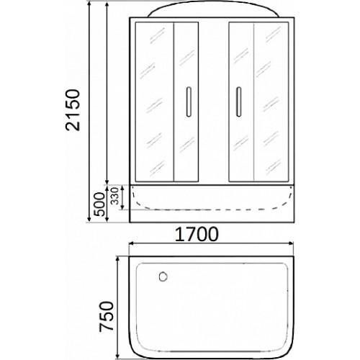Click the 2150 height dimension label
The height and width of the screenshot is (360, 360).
pos(73,110)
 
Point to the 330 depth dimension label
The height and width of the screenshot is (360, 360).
pos(115,197)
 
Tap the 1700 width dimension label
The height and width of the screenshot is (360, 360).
pos(197,234)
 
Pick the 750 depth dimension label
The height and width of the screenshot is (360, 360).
pos(106,316)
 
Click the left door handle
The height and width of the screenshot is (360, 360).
pos(189,102)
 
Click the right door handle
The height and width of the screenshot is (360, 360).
pos(238,102)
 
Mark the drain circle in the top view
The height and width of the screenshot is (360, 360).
pos(163,276)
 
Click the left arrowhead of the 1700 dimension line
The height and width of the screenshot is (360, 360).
pos(132,243)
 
